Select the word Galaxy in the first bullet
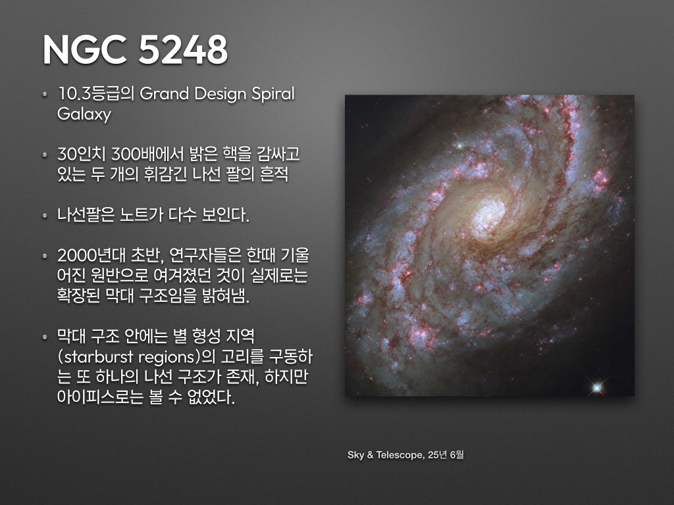[84, 114]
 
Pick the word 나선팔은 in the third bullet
[86, 215]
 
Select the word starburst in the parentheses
[97, 357]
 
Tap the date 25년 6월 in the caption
[446, 455]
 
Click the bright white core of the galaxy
[490, 212]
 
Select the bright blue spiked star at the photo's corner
[596, 388]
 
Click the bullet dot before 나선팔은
[45, 216]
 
